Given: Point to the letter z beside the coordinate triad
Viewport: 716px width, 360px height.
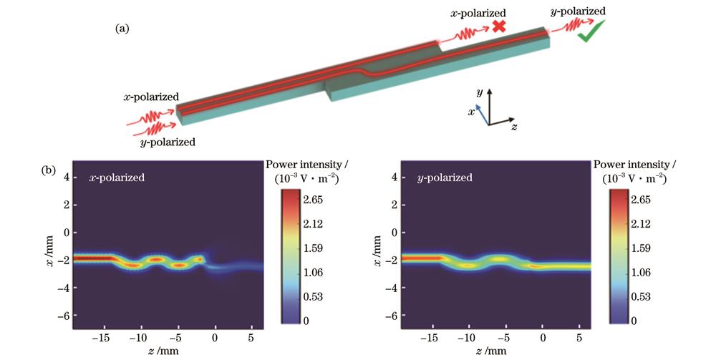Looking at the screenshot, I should pyautogui.click(x=515, y=127).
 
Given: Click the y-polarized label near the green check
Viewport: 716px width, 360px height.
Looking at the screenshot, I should pyautogui.click(x=580, y=11).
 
